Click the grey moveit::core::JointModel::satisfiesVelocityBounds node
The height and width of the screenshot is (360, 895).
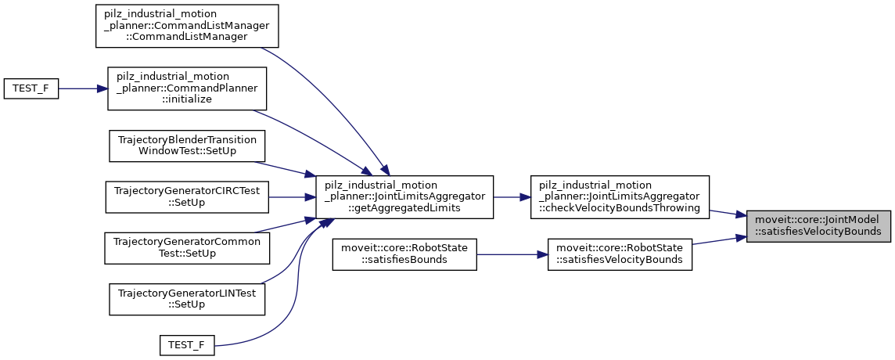coord(818,226)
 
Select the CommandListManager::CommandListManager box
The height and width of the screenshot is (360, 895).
coord(182,26)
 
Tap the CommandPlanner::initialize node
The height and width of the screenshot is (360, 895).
coord(188,88)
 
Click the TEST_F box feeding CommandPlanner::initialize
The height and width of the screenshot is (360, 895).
coord(31,88)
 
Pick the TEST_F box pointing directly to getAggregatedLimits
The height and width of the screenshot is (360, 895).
coord(187,345)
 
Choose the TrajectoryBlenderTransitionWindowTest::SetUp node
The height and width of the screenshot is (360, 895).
coord(188,146)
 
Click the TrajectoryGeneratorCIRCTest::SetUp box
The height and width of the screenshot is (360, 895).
coord(188,196)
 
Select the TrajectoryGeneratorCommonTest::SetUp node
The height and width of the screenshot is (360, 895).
coord(188,247)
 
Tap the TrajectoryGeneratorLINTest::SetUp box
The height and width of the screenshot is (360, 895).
coord(188,298)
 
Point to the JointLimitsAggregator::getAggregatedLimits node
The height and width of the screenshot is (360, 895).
coord(404,196)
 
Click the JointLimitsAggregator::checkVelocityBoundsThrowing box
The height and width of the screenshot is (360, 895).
coord(620,196)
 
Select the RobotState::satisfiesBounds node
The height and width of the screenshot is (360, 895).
coord(404,254)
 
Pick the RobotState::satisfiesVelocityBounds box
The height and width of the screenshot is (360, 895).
coord(620,254)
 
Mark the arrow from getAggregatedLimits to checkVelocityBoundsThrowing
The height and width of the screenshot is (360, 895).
coord(512,196)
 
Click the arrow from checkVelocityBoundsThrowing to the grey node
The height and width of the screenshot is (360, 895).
coord(727,212)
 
